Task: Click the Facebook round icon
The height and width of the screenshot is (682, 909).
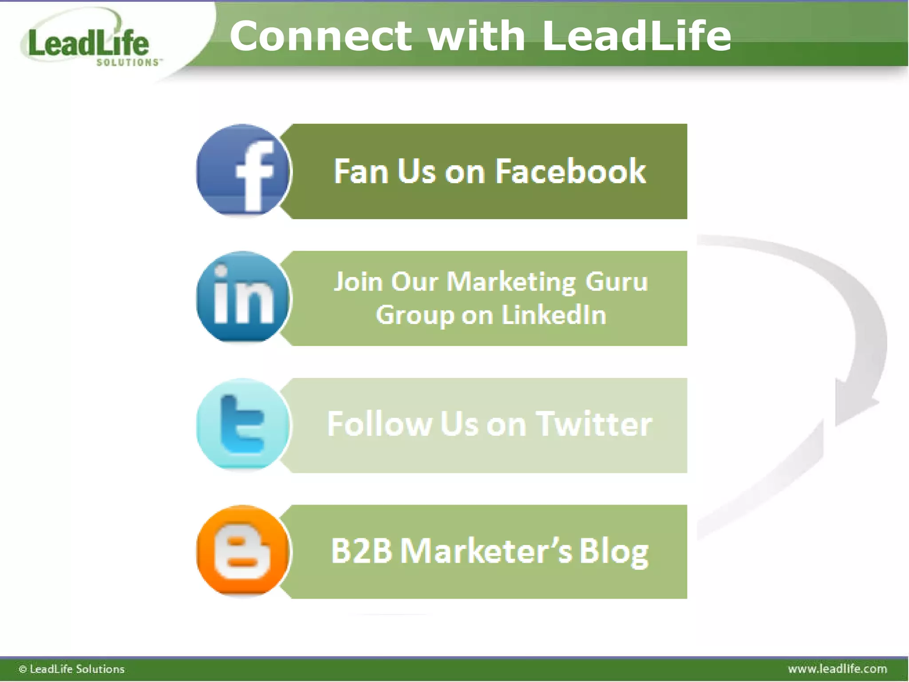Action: click(243, 170)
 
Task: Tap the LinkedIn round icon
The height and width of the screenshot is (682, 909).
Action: click(243, 297)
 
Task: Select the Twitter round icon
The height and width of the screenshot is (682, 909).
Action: click(243, 424)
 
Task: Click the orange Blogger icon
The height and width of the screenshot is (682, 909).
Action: click(243, 551)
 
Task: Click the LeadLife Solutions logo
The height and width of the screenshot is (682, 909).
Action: click(89, 44)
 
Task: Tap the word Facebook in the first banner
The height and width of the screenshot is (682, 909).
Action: click(570, 171)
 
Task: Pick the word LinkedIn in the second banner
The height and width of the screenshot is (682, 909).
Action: click(554, 315)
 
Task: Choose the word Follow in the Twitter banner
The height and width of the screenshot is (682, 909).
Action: click(379, 424)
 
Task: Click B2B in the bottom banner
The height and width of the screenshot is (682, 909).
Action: click(361, 551)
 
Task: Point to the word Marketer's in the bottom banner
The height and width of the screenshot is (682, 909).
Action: click(486, 551)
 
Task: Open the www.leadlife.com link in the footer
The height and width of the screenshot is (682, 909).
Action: click(837, 669)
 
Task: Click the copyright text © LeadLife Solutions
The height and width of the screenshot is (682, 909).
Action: click(72, 669)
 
